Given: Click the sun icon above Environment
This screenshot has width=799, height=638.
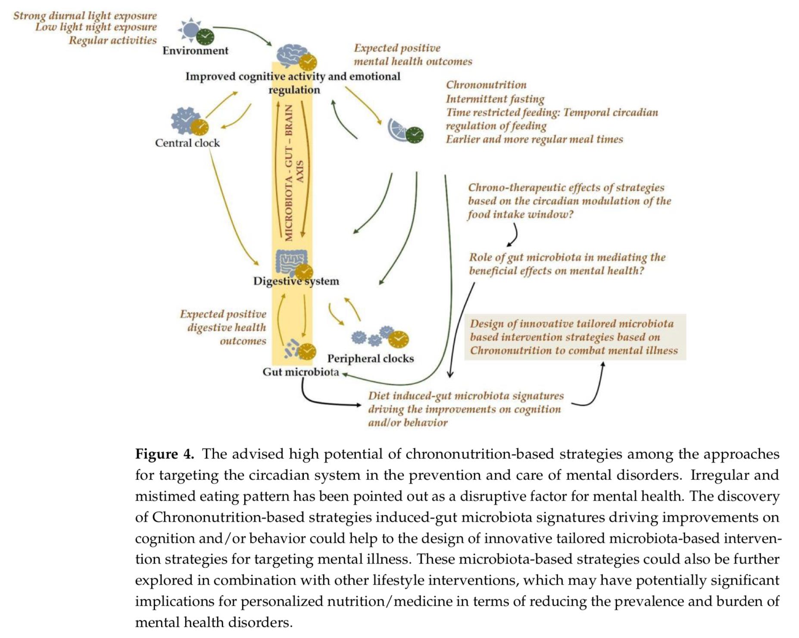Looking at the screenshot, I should tap(189, 29).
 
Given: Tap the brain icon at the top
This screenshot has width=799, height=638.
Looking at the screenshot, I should tap(291, 54).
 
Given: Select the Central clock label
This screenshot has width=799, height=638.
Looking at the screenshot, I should tap(187, 143).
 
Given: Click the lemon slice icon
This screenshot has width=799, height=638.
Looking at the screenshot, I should tap(397, 128).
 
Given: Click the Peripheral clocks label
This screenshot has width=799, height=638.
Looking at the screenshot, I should tap(371, 358).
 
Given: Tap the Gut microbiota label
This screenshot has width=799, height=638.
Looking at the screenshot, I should tap(301, 372).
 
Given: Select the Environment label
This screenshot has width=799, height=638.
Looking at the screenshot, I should tap(195, 51).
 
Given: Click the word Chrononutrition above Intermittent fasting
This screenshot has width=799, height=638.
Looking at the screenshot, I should tap(486, 85).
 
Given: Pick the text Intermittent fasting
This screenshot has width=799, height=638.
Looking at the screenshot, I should tap(495, 99).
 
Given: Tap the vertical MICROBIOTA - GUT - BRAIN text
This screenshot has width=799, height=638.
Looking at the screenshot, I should tap(289, 172).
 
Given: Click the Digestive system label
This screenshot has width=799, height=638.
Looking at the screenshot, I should tap(296, 281).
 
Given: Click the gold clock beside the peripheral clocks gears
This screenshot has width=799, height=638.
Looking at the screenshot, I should tap(399, 339).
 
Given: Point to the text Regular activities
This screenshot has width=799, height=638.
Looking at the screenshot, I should tap(113, 40).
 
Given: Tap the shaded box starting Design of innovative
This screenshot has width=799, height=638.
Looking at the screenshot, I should tap(575, 337).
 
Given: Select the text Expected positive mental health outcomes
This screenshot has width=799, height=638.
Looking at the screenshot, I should tap(412, 55).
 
